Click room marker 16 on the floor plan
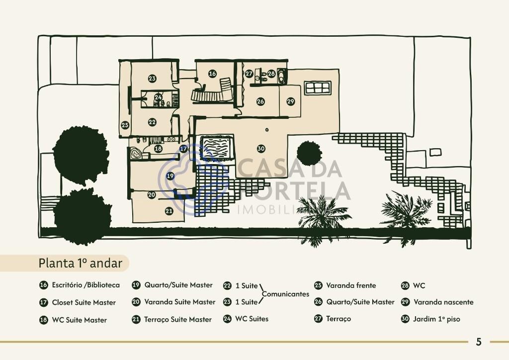[x=212, y=74]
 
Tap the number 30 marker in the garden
[x=261, y=149]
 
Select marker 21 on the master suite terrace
[x=169, y=211]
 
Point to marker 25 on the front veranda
[x=125, y=125]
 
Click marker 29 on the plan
[x=290, y=101]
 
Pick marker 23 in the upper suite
[x=152, y=78]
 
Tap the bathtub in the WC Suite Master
[x=135, y=153]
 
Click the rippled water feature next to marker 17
[x=217, y=148]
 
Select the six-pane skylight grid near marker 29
[x=318, y=88]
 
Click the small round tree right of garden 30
[x=309, y=154]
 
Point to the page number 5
[x=479, y=342]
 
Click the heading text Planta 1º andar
[x=80, y=263]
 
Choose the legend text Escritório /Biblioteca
[x=85, y=285]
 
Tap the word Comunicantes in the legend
[x=285, y=294]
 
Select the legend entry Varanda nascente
[x=443, y=302]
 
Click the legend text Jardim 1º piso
[x=436, y=319]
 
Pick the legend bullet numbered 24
[x=227, y=319]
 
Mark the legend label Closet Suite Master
[x=84, y=302]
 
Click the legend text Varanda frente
[x=351, y=285]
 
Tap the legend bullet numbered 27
[x=318, y=319]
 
